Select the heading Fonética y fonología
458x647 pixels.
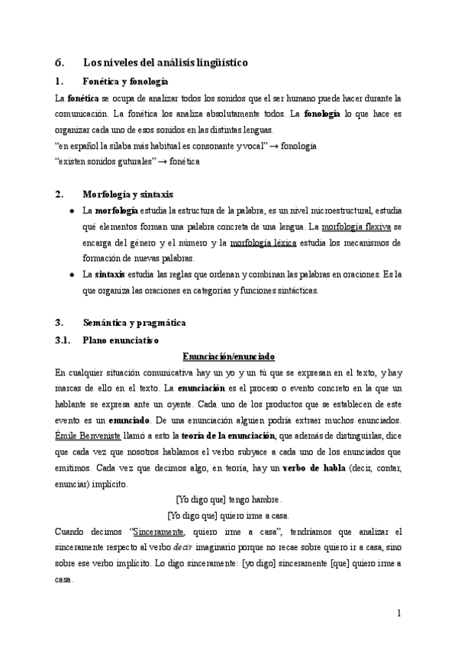coord(125,81)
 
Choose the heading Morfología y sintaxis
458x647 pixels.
coord(127,194)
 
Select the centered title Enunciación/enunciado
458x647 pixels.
coord(229,356)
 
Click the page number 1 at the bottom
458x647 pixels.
coord(398,613)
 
